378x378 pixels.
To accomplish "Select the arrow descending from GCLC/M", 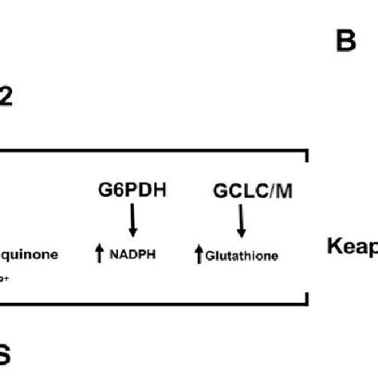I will coord(242,220).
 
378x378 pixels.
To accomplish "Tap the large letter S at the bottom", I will coord(6,354).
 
